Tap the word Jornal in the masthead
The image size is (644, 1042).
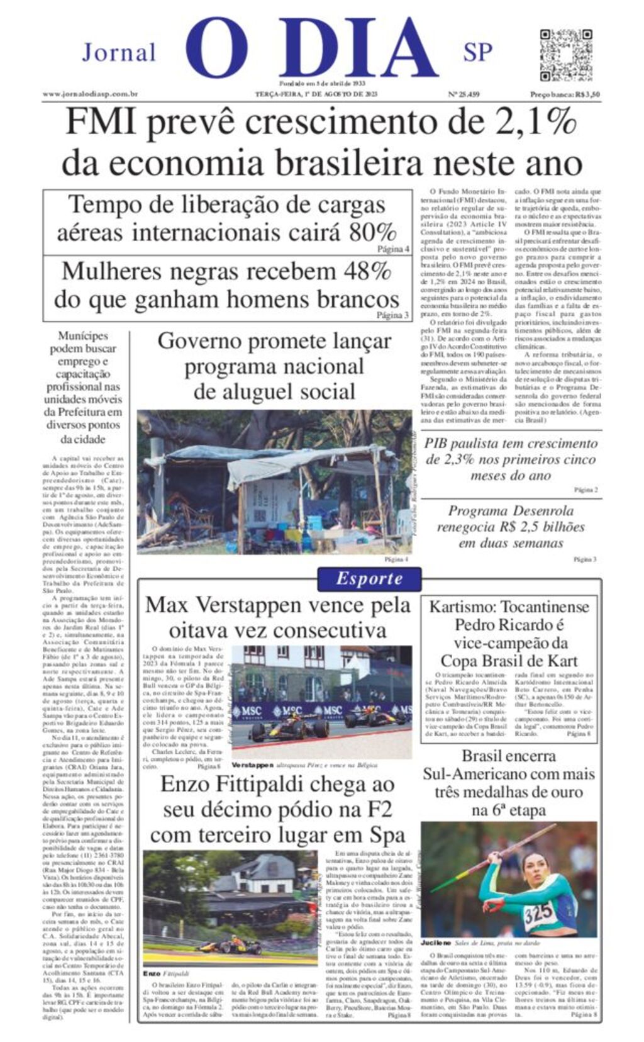pos(118,53)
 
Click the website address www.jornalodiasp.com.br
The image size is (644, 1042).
pos(90,94)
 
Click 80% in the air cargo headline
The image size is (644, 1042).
pos(373,232)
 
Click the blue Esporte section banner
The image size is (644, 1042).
pos(369,579)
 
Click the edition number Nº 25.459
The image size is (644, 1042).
pos(464,94)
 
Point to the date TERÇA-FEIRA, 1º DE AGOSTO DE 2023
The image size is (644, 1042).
pos(316,94)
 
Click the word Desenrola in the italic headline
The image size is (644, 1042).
pos(541,511)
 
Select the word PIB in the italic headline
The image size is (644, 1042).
pos(436,444)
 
